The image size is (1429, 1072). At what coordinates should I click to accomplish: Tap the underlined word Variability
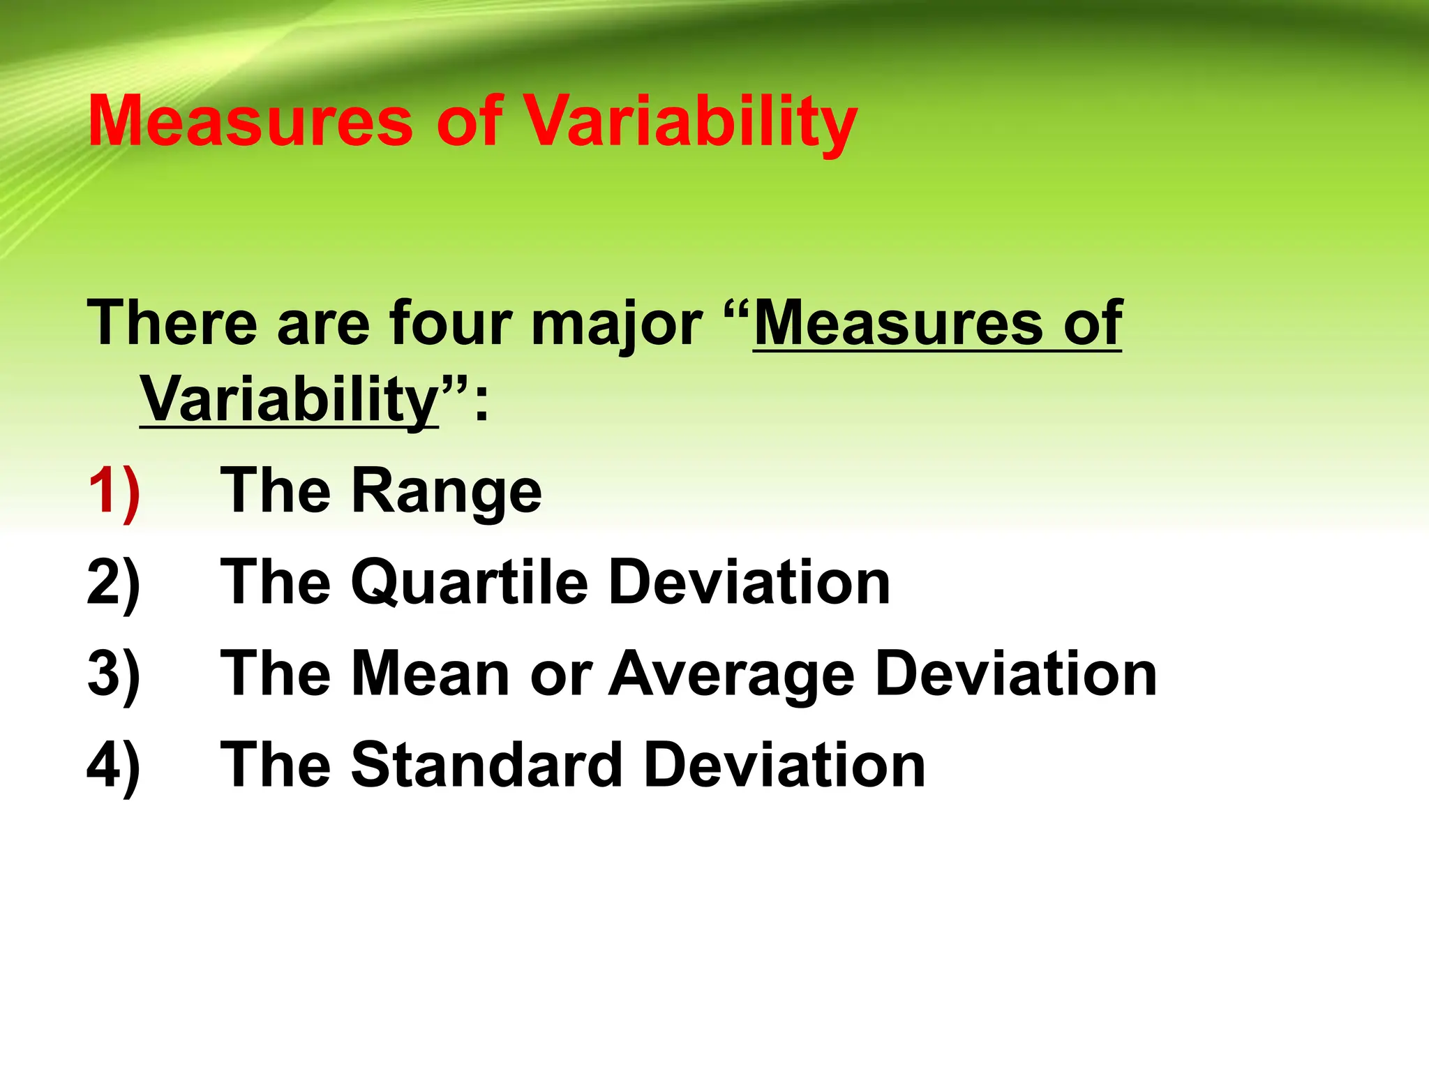289,400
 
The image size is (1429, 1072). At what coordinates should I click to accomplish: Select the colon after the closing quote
481,405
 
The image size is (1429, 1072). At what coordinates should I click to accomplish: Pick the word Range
447,493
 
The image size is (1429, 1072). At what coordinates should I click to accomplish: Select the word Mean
431,674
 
